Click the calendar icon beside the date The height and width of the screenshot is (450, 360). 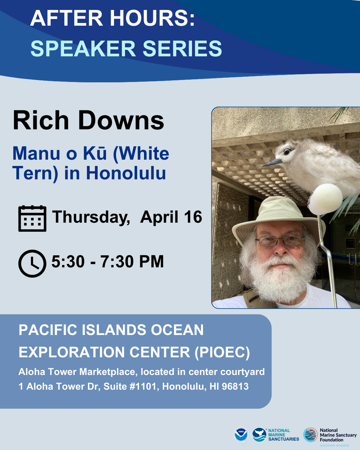click(x=32, y=219)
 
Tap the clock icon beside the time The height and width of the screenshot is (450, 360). click(x=32, y=263)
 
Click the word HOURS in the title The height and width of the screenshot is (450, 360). click(x=149, y=18)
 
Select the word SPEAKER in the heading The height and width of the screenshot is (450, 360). click(x=83, y=49)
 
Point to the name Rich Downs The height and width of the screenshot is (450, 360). click(x=88, y=120)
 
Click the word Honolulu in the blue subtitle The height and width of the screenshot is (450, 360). click(x=126, y=173)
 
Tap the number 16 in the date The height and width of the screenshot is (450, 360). click(x=193, y=217)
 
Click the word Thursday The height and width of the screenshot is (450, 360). click(x=91, y=217)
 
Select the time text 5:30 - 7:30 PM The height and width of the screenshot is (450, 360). click(x=107, y=262)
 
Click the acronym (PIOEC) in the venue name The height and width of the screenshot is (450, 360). click(x=222, y=352)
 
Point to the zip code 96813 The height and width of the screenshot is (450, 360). click(x=235, y=386)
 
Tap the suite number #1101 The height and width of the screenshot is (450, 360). click(x=143, y=386)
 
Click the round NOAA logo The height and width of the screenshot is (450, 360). click(x=241, y=435)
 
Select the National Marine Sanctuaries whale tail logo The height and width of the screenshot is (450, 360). click(x=259, y=435)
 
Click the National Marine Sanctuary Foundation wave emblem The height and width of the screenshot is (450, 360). click(x=310, y=435)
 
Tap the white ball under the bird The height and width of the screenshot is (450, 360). click(x=325, y=199)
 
